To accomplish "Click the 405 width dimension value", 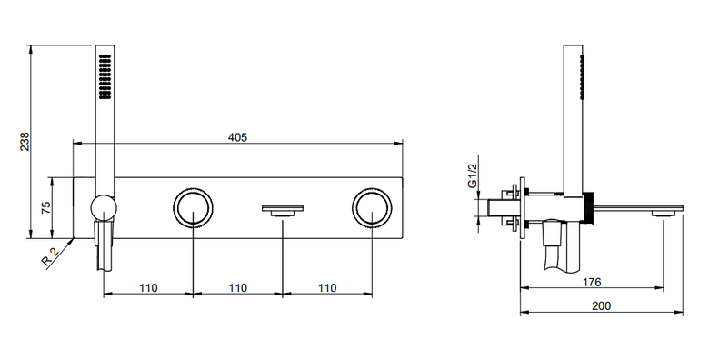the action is click(x=238, y=137).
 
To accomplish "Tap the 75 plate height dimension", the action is click(x=45, y=207).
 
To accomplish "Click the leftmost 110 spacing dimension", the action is click(x=148, y=288).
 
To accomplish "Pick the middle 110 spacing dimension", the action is click(x=238, y=288).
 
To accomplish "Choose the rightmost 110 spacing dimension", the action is click(x=327, y=288).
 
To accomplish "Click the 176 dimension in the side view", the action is click(x=592, y=282).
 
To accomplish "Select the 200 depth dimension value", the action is click(x=602, y=306).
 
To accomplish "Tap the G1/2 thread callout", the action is click(x=473, y=176).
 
